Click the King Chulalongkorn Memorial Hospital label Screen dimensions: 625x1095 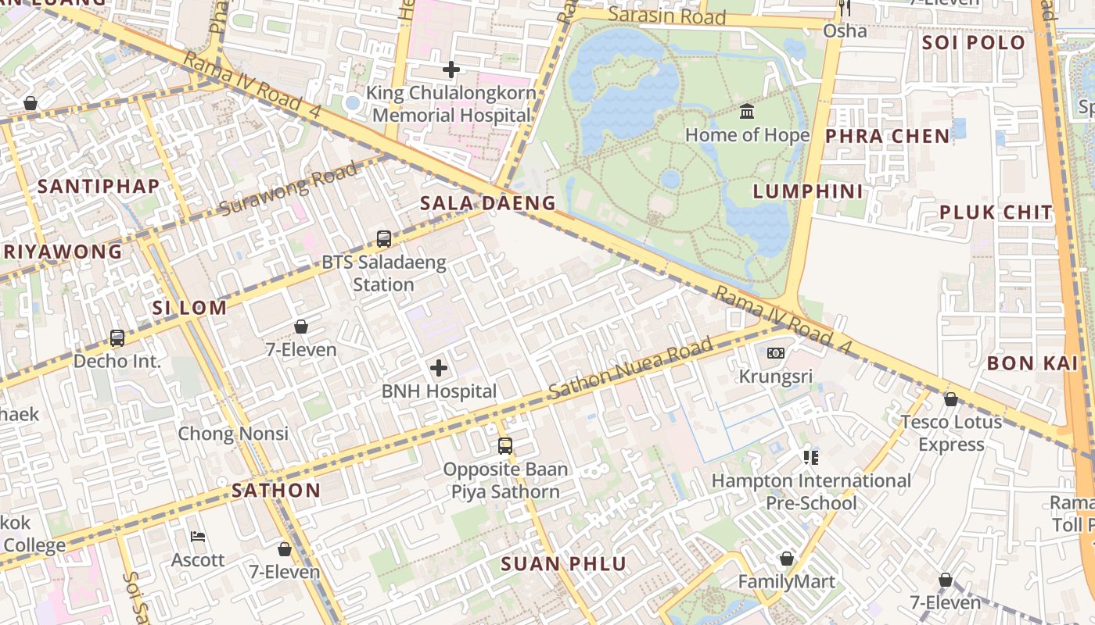coord(451,104)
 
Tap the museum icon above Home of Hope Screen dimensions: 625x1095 coord(747,112)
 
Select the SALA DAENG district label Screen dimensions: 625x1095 coord(488,203)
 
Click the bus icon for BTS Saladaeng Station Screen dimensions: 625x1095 coord(383,239)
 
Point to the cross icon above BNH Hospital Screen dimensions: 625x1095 coord(439,368)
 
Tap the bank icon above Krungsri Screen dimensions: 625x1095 coord(776,353)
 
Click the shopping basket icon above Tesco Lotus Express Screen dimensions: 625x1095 coord(950,399)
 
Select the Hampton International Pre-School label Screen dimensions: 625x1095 coord(811,491)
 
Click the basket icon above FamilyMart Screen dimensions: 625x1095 coord(786,559)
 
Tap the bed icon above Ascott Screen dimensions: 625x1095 coord(198,537)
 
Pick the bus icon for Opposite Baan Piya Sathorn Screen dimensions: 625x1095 coord(505,446)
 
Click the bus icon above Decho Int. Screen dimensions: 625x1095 coord(117,338)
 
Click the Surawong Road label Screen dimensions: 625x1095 coord(289,188)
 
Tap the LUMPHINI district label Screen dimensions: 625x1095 coord(808,191)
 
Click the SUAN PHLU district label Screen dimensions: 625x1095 coord(563,564)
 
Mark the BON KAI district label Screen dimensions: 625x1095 coord(1032,362)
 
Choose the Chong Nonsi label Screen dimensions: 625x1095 coord(233,434)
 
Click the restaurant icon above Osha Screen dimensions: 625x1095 coord(844,8)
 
